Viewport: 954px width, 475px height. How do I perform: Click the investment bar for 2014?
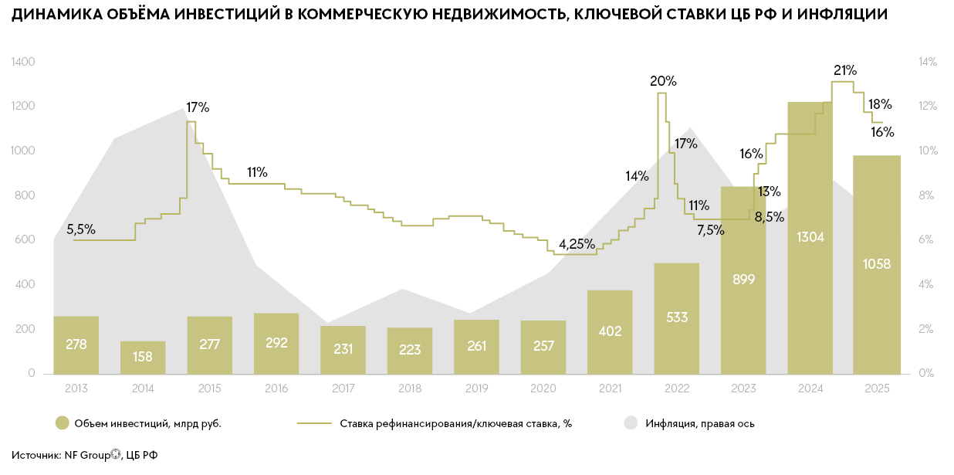pos(143,358)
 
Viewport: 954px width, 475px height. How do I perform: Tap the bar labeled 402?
pos(610,332)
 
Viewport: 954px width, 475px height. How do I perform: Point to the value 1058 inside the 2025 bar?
pos(876,264)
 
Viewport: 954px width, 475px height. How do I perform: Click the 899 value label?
pos(744,279)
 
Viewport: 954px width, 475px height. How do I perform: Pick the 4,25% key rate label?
pos(577,244)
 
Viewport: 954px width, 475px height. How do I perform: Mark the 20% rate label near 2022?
pos(663,81)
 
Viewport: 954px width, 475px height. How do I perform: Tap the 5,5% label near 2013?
pos(81,229)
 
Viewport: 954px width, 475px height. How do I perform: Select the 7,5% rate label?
pos(710,229)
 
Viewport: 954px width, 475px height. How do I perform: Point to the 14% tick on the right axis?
pos(927,62)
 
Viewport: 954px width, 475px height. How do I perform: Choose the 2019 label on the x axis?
pos(476,388)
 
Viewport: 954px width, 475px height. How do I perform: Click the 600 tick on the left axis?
pos(25,240)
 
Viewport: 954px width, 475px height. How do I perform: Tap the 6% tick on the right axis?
pos(925,240)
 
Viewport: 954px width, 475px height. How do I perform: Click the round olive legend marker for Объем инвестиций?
pos(63,423)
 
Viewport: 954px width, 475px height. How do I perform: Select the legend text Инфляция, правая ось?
pos(700,423)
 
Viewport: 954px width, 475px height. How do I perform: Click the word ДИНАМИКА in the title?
pos(50,14)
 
